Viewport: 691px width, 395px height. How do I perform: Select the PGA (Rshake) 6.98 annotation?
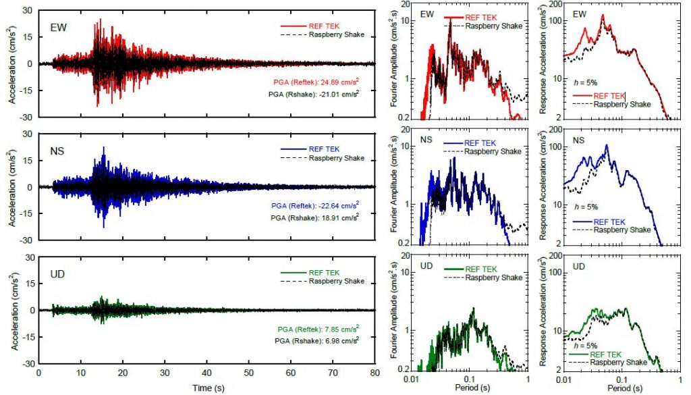[321, 342]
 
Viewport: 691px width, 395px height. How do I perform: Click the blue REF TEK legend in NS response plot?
[608, 221]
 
